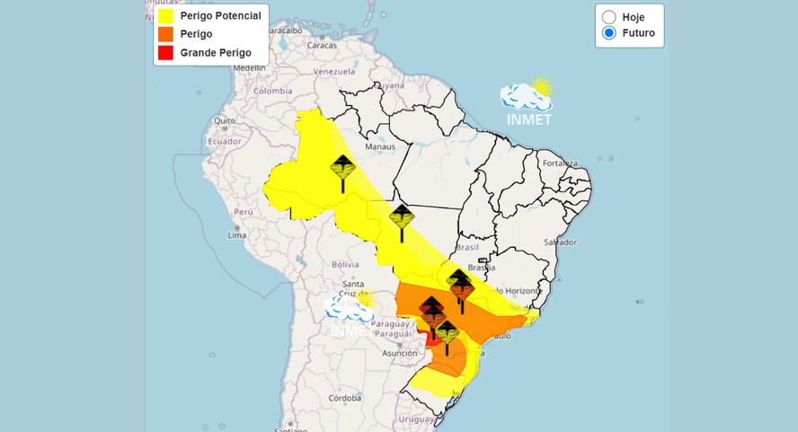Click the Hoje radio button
609,17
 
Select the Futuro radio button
609,33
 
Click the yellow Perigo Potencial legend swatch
165,15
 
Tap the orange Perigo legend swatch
165,34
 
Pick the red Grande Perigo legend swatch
165,53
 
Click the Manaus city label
380,146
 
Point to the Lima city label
237,235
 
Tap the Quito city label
224,120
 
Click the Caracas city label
322,45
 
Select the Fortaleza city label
559,163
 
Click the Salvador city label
560,242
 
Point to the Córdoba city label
344,398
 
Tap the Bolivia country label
345,264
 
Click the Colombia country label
272,91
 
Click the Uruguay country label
415,419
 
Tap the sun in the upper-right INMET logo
541,87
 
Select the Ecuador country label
225,141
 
